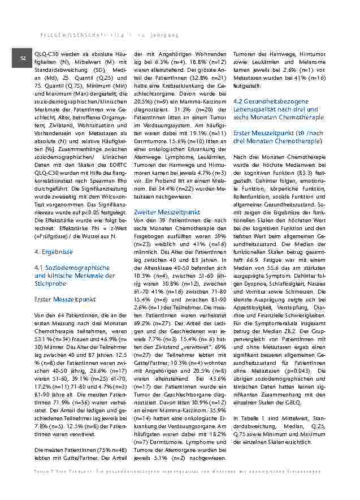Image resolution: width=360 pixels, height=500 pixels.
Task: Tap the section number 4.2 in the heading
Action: pos(240,101)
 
